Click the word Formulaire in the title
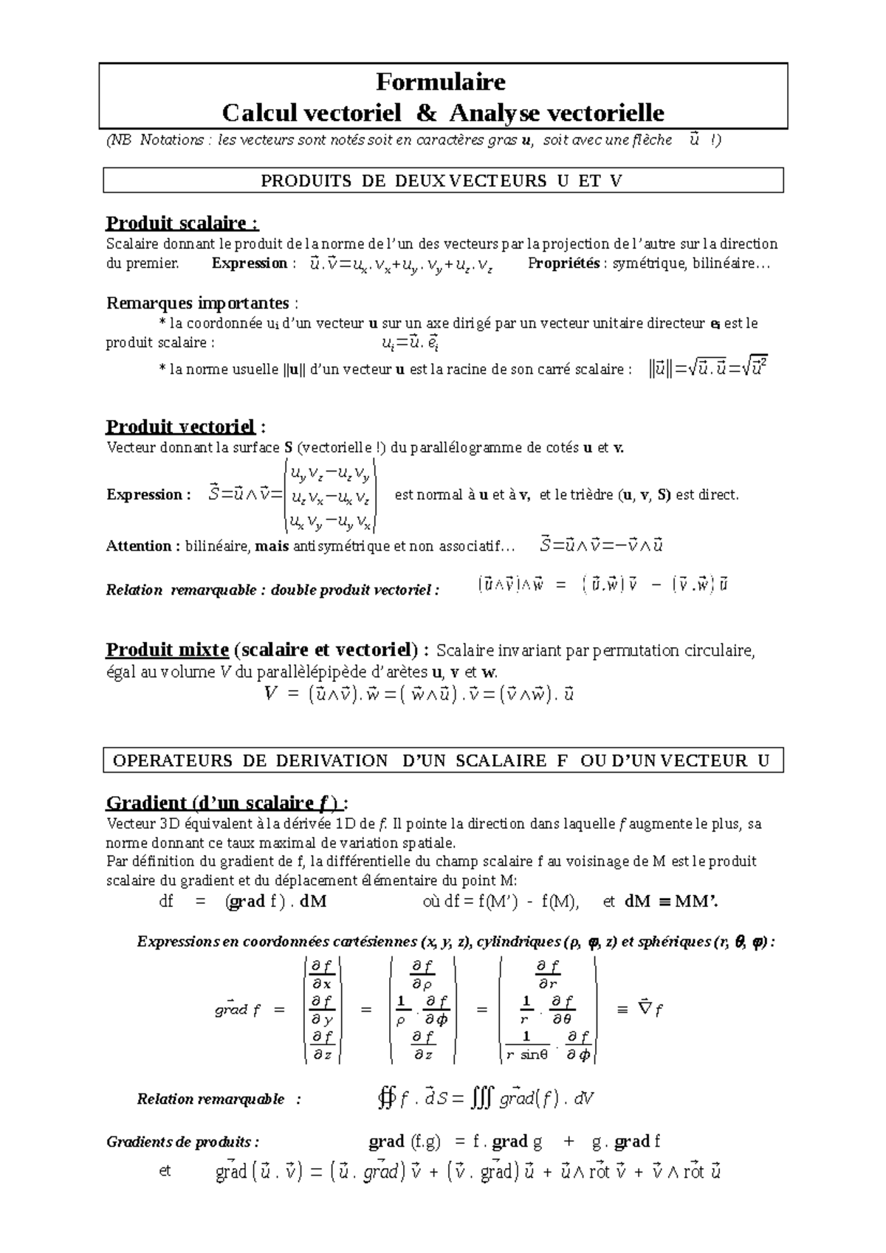point(441,80)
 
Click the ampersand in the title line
point(426,113)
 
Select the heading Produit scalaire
point(182,223)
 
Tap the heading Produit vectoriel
point(181,427)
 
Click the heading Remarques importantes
point(198,303)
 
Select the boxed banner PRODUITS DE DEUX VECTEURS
point(442,181)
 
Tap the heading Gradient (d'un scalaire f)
point(227,803)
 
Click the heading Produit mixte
point(168,650)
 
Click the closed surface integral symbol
point(385,1100)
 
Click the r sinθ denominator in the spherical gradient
point(526,1054)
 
